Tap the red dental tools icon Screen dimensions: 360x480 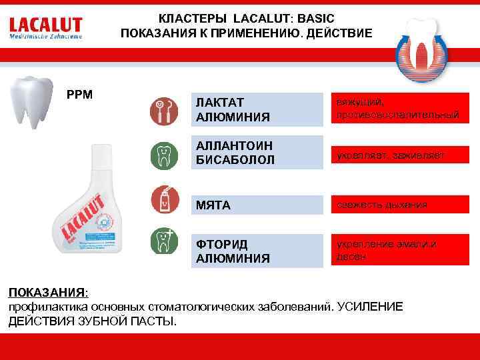[163, 110]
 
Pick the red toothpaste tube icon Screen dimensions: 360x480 [163, 199]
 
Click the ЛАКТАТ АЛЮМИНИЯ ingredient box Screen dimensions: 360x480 [256, 110]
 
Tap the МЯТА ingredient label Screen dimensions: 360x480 [213, 205]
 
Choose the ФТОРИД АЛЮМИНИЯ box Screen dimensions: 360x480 [256, 249]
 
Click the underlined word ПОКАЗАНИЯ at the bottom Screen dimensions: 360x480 [46, 293]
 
